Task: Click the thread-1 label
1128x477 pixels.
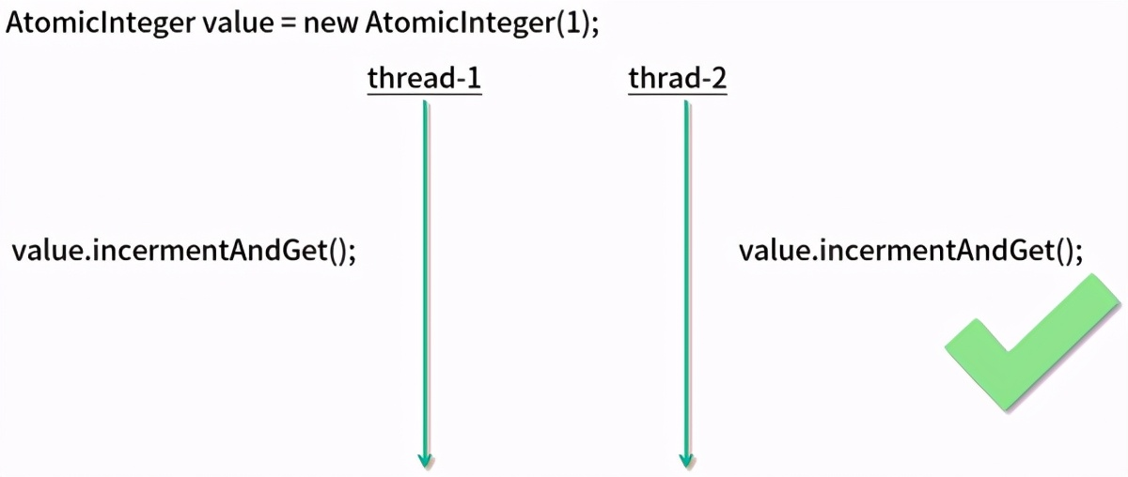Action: tap(424, 78)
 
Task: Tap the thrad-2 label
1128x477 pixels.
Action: tap(677, 78)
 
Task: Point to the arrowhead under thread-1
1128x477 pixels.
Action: tap(425, 459)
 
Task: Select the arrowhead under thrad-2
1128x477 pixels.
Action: tap(686, 459)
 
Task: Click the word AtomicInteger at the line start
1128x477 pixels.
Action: tap(101, 23)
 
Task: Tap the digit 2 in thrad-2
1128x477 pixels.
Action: tap(717, 78)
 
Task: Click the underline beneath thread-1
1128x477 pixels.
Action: tap(424, 95)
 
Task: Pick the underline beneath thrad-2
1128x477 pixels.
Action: tap(677, 95)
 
